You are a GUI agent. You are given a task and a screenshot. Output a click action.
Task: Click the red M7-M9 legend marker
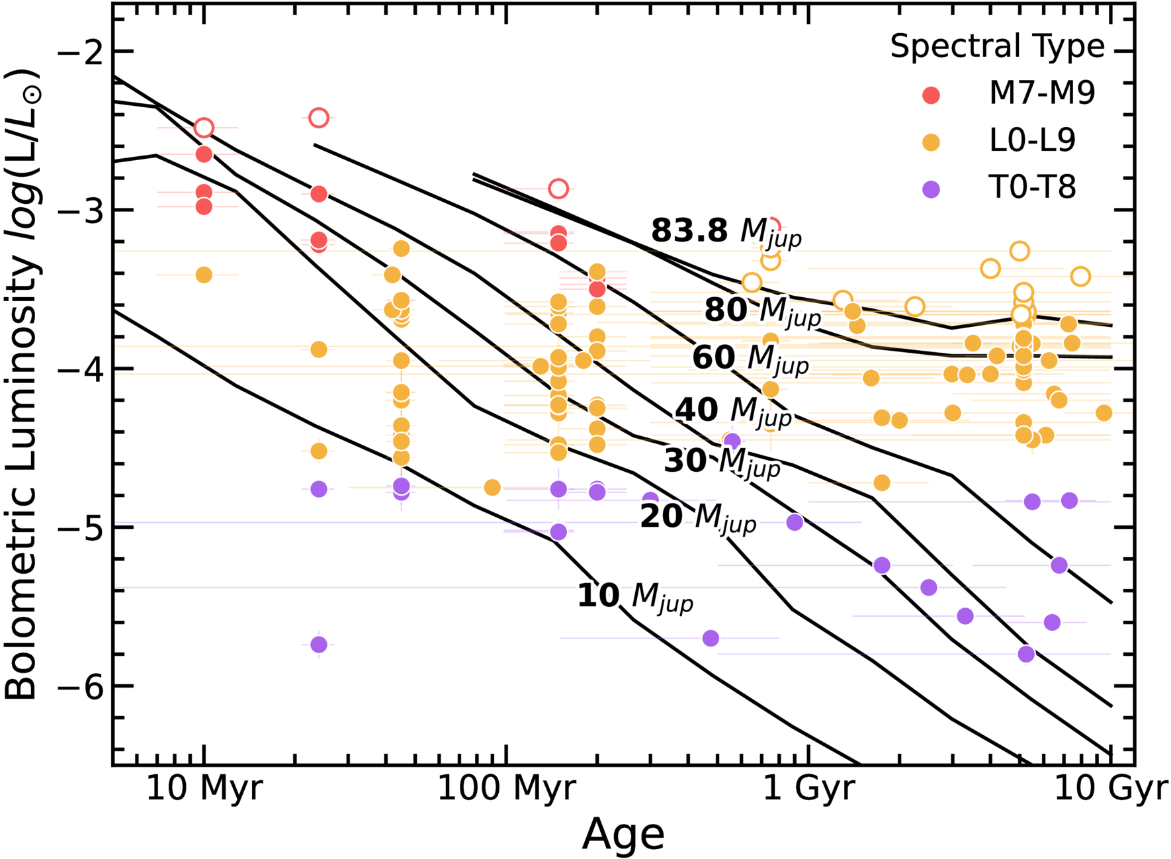[x=931, y=95]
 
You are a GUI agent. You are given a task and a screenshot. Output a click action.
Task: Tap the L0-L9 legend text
[x=1033, y=140]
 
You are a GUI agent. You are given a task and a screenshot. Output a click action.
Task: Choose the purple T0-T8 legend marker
[x=931, y=190]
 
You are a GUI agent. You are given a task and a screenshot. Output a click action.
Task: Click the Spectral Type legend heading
[x=997, y=46]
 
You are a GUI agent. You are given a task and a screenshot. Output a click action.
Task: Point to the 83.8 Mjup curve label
[x=726, y=232]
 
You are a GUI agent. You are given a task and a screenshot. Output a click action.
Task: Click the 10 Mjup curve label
[x=635, y=596]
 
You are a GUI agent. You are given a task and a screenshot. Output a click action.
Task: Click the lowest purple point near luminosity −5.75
[x=319, y=645]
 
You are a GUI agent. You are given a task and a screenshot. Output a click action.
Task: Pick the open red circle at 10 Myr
[x=204, y=128]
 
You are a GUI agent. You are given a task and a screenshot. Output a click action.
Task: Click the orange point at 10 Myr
[x=204, y=275]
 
